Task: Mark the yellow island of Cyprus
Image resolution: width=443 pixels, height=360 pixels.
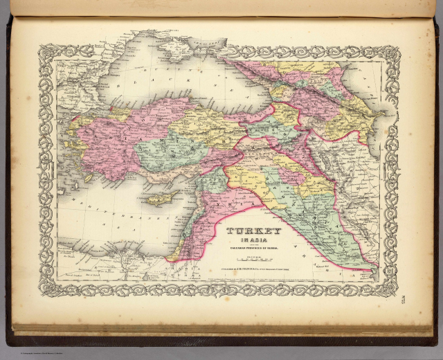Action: coord(162,199)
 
